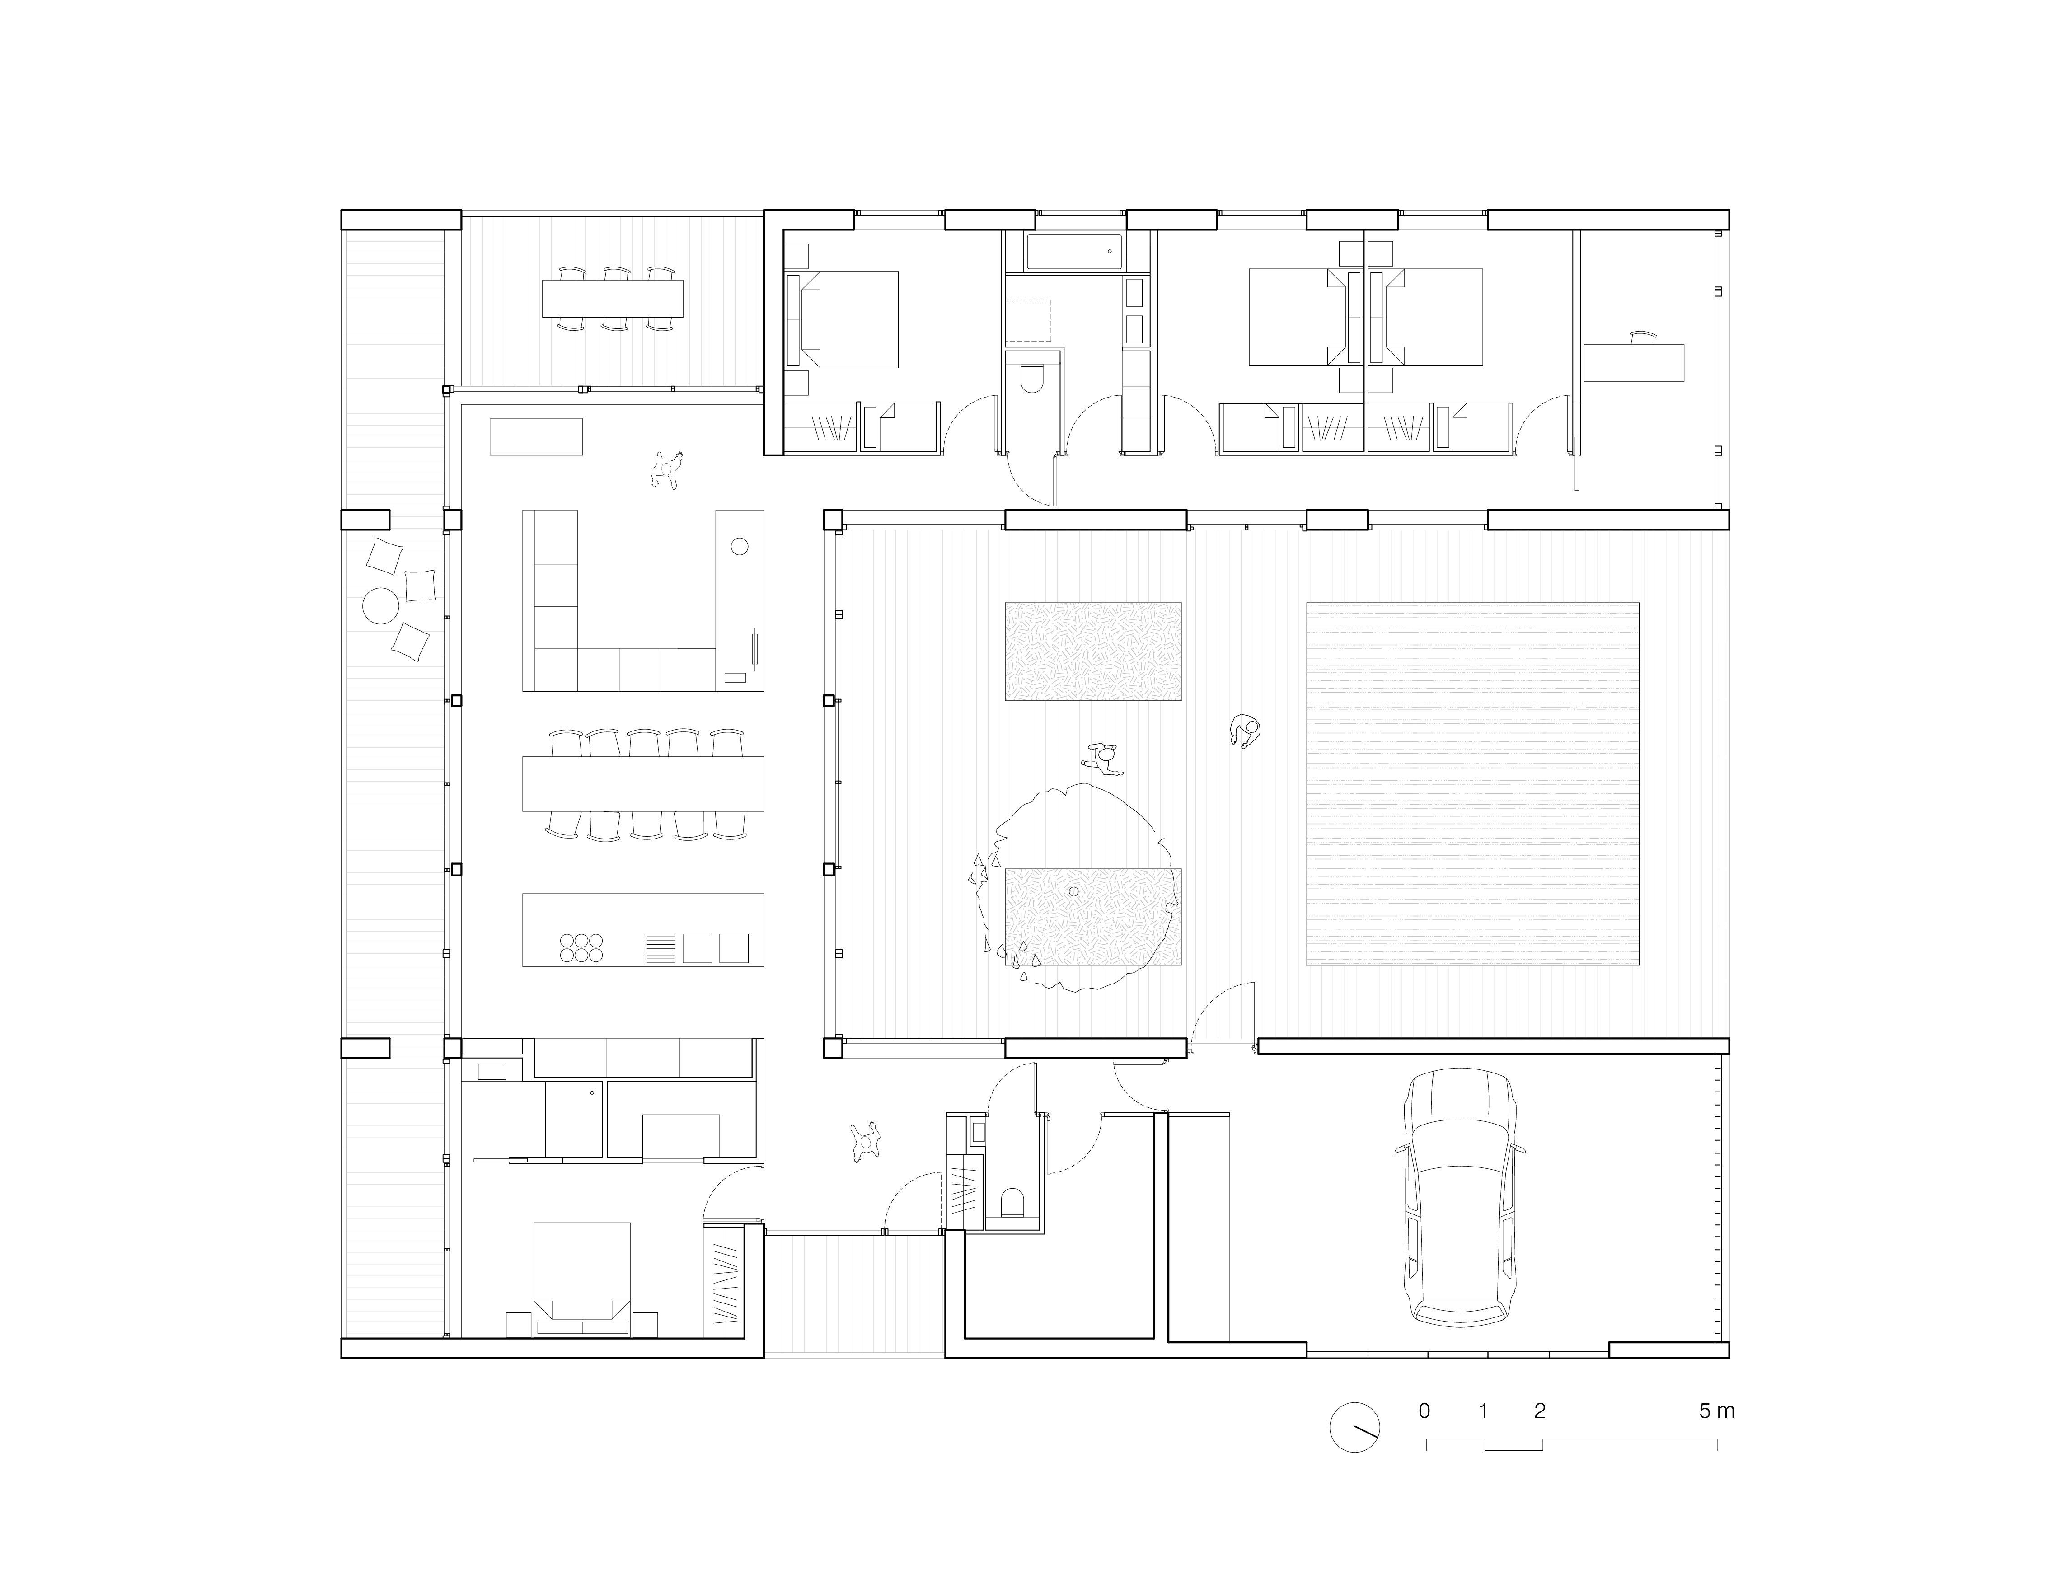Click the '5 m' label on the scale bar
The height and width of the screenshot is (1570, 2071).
[x=1717, y=1411]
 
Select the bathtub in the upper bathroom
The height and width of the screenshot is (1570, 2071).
[x=1074, y=252]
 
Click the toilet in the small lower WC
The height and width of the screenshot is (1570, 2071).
[x=1012, y=1203]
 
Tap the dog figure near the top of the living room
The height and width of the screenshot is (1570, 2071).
[x=667, y=469]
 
